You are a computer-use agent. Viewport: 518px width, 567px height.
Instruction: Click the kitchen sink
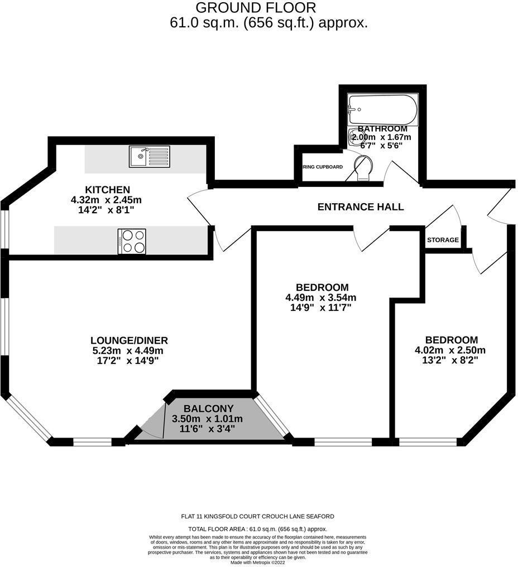click(x=149, y=156)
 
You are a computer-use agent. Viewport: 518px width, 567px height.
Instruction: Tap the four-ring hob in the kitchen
click(x=132, y=241)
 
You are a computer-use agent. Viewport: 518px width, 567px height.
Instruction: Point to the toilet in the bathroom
click(x=362, y=168)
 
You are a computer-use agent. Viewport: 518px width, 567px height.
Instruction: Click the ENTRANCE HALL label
click(x=360, y=207)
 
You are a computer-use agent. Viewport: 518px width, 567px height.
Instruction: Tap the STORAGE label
click(x=443, y=240)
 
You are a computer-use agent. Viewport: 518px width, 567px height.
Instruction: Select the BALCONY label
click(x=208, y=409)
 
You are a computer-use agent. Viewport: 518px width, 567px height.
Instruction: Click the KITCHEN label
click(x=107, y=190)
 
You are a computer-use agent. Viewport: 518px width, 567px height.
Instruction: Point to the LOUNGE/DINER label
click(x=129, y=340)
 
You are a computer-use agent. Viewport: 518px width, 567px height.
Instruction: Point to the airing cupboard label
click(x=323, y=167)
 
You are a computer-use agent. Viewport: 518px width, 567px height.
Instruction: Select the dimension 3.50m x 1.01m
click(x=208, y=419)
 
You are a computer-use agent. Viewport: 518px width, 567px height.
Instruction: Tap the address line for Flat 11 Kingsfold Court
click(x=258, y=516)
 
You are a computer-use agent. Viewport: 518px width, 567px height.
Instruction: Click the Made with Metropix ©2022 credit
click(x=258, y=562)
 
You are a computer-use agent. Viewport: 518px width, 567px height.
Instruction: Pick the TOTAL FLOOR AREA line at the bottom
click(x=258, y=528)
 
